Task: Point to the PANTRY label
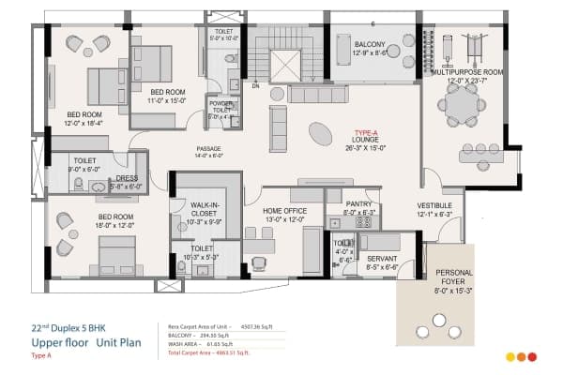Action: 358,203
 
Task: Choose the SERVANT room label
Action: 383,259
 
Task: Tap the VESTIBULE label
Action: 434,205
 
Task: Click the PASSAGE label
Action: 208,150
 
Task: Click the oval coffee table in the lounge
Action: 320,135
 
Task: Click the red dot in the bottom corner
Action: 532,357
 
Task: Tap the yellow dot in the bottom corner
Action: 510,357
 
